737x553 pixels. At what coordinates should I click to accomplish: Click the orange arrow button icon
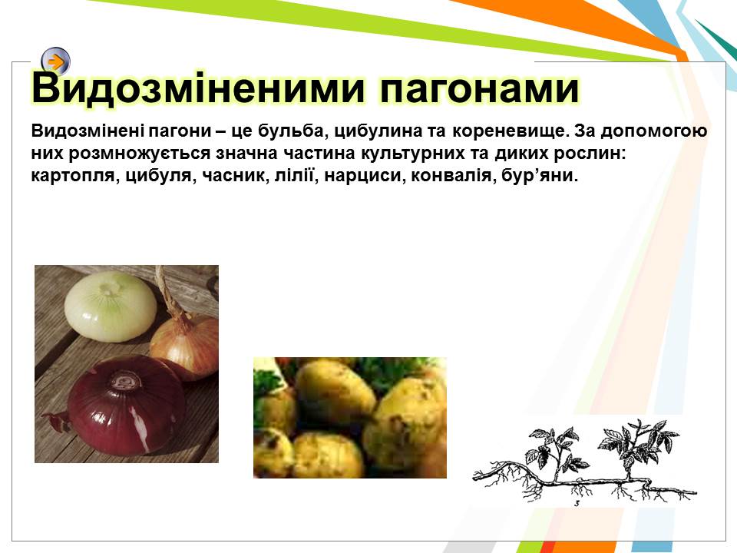click(x=56, y=61)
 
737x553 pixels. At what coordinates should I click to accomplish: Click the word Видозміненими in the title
click(x=198, y=88)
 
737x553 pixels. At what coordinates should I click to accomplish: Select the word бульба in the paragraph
click(x=290, y=131)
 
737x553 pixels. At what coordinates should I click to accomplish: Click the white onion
click(x=111, y=306)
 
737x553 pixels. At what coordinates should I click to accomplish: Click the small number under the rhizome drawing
click(x=577, y=504)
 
